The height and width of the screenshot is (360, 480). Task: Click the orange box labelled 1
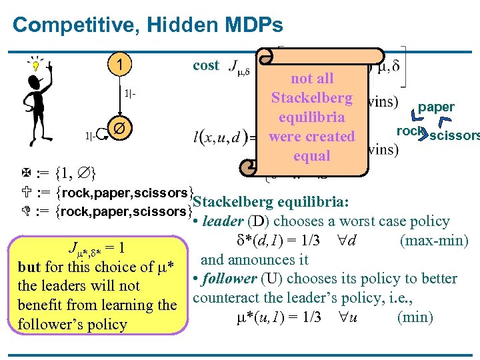(x=118, y=65)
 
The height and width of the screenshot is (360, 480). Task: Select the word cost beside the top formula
(x=205, y=65)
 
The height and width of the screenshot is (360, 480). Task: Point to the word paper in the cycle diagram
(x=436, y=107)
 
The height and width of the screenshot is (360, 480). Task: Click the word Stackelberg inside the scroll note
(x=311, y=98)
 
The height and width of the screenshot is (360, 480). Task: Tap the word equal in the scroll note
(x=311, y=156)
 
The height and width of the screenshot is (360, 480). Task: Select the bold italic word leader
(x=223, y=221)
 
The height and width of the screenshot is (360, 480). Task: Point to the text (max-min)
(x=433, y=240)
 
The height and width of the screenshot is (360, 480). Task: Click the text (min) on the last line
(x=415, y=317)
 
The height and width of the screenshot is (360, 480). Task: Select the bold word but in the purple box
(x=29, y=267)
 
